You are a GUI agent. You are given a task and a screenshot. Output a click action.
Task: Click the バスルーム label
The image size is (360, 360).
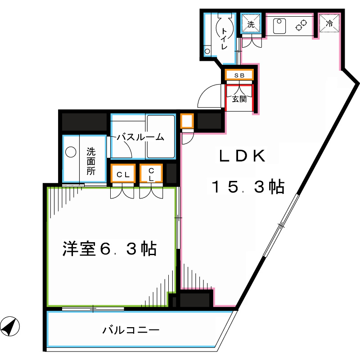point(140,138)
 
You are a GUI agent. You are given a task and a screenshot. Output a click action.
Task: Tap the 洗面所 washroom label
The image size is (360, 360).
point(91,161)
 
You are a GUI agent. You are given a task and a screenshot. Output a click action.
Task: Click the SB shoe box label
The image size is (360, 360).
point(239,76)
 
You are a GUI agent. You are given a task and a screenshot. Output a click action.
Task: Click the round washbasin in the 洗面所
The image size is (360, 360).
point(71,153)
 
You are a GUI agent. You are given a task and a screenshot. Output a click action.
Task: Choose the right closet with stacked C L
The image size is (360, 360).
point(152,175)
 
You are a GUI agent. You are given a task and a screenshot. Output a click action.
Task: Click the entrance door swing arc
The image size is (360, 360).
point(209,96)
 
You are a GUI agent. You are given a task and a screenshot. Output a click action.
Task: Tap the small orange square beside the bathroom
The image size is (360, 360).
point(187,121)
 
